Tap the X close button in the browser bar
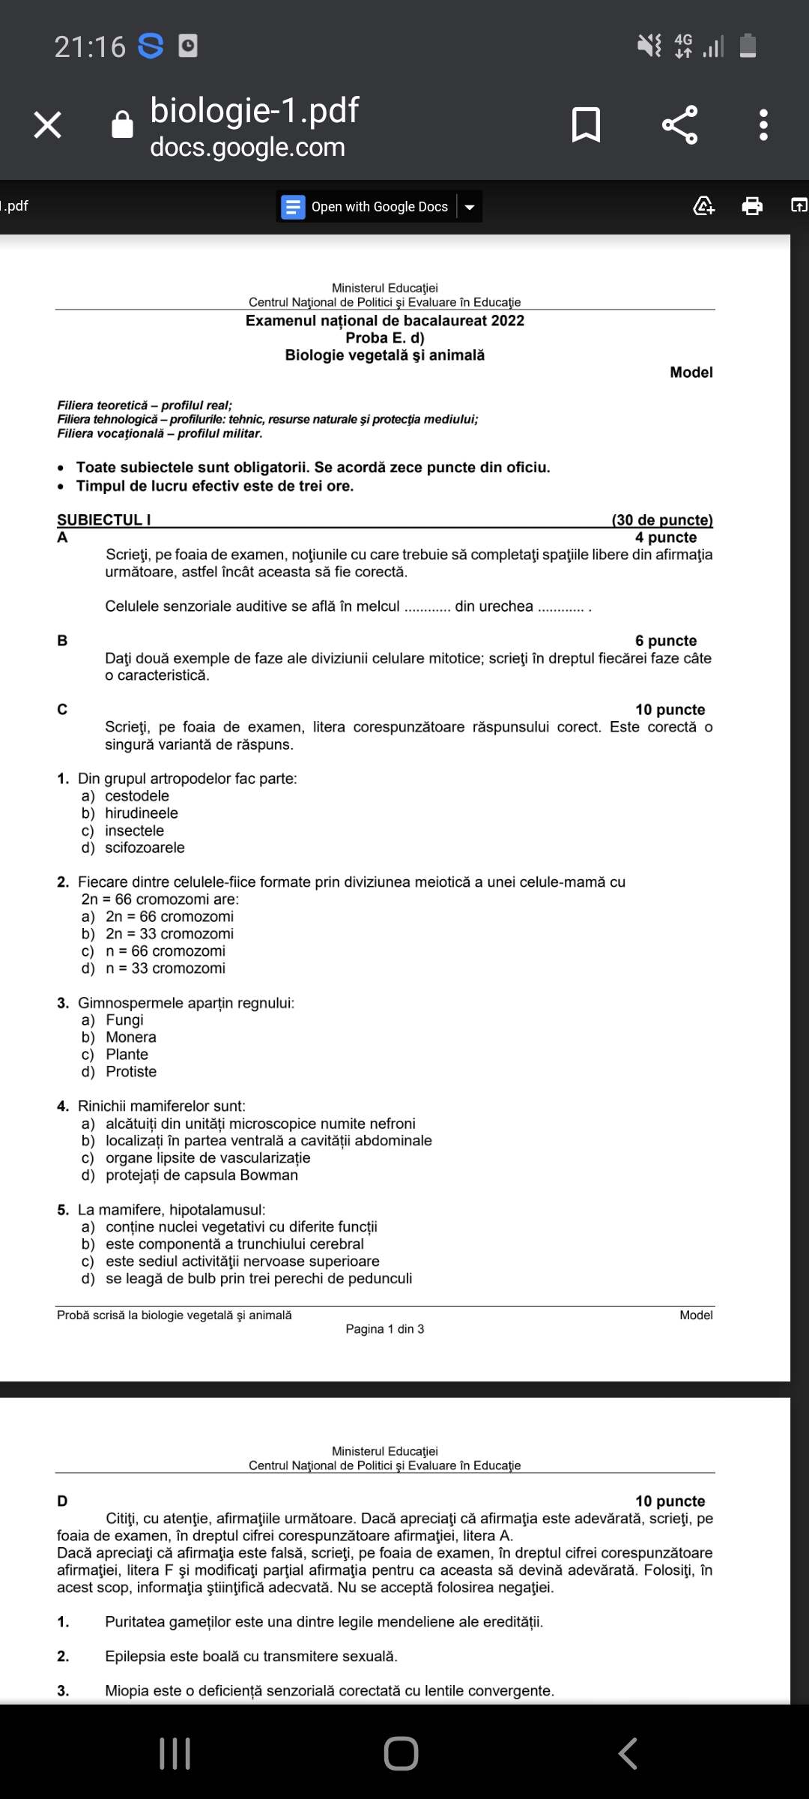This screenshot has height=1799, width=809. [48, 124]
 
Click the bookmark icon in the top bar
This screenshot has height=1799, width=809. [586, 124]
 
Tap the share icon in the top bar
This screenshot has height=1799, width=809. [679, 124]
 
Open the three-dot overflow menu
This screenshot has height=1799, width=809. [763, 124]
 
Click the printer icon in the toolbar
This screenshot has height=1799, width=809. [752, 205]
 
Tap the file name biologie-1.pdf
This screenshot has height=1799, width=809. [254, 111]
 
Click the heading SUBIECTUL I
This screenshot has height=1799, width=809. [104, 519]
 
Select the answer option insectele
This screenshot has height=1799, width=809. [134, 831]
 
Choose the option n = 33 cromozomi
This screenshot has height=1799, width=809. [165, 968]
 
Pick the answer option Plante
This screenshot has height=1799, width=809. [127, 1054]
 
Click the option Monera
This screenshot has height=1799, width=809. [130, 1037]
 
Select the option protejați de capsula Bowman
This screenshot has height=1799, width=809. [201, 1175]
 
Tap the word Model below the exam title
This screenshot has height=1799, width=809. [691, 372]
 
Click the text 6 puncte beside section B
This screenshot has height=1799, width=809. [665, 640]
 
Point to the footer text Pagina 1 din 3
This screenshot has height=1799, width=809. [384, 1329]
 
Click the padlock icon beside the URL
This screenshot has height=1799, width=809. [122, 124]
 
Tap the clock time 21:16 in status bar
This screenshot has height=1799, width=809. [90, 46]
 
